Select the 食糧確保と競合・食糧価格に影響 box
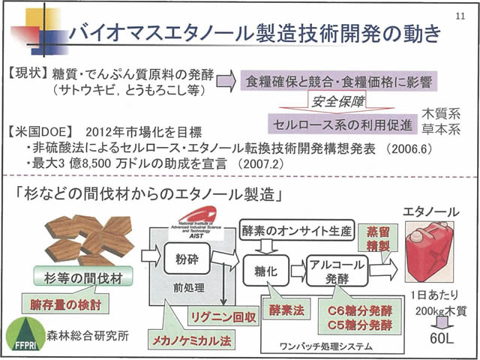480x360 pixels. (339, 80)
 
